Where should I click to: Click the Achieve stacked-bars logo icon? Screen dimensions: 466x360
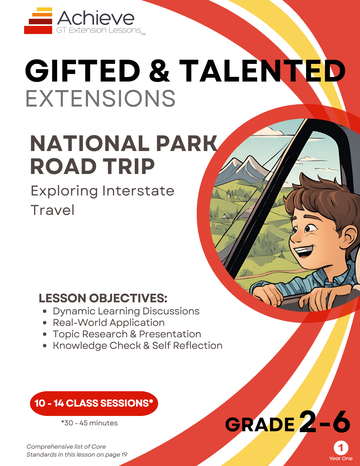coord(38,21)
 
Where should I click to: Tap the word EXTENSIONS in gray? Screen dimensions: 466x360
coord(101,99)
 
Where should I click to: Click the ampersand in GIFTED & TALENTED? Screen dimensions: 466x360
coord(160,71)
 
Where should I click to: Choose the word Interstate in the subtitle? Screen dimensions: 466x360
coord(138,191)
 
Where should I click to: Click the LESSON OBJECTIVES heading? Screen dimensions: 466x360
coord(103,298)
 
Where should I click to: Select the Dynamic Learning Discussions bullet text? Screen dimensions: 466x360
coord(126,311)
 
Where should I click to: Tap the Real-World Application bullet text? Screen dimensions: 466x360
coord(109,323)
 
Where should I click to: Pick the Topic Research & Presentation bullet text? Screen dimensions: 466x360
coord(127,334)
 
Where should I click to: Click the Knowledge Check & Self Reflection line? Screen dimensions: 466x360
coord(137,346)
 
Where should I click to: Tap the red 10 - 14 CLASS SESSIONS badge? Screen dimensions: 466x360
coord(94,403)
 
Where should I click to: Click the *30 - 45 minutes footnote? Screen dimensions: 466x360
coord(89,423)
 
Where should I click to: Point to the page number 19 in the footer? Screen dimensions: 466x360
coord(124,455)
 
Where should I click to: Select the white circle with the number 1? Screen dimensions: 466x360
coord(341,448)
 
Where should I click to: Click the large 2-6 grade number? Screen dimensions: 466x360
coord(325,422)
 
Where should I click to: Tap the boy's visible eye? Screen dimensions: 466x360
coord(309,228)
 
